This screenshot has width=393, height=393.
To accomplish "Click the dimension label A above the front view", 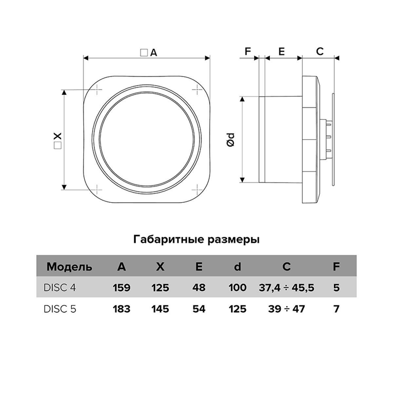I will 153,53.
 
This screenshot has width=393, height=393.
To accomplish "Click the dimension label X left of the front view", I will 57,136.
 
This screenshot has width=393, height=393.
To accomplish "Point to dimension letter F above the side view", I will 248,51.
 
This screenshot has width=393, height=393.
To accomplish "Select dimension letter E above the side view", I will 281,51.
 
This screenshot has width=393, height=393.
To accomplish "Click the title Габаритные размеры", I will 196,240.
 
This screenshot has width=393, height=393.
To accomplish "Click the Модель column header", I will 69,267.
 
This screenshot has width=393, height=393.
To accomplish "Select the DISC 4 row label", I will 60,288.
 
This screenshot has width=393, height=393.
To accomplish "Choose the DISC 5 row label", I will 60,309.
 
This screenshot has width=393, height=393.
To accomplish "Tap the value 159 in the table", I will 122,288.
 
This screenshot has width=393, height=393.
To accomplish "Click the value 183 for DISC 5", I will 122,309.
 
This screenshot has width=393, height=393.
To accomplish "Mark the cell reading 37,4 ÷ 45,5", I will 286,288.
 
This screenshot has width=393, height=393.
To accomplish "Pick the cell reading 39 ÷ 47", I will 286,309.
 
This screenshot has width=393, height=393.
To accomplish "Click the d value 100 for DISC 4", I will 237,288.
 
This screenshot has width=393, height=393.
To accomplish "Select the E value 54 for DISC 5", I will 199,309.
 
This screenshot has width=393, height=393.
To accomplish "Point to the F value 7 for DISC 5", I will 336,309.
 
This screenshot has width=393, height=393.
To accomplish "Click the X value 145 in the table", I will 160,309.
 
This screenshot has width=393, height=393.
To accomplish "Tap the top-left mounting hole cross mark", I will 98,89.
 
